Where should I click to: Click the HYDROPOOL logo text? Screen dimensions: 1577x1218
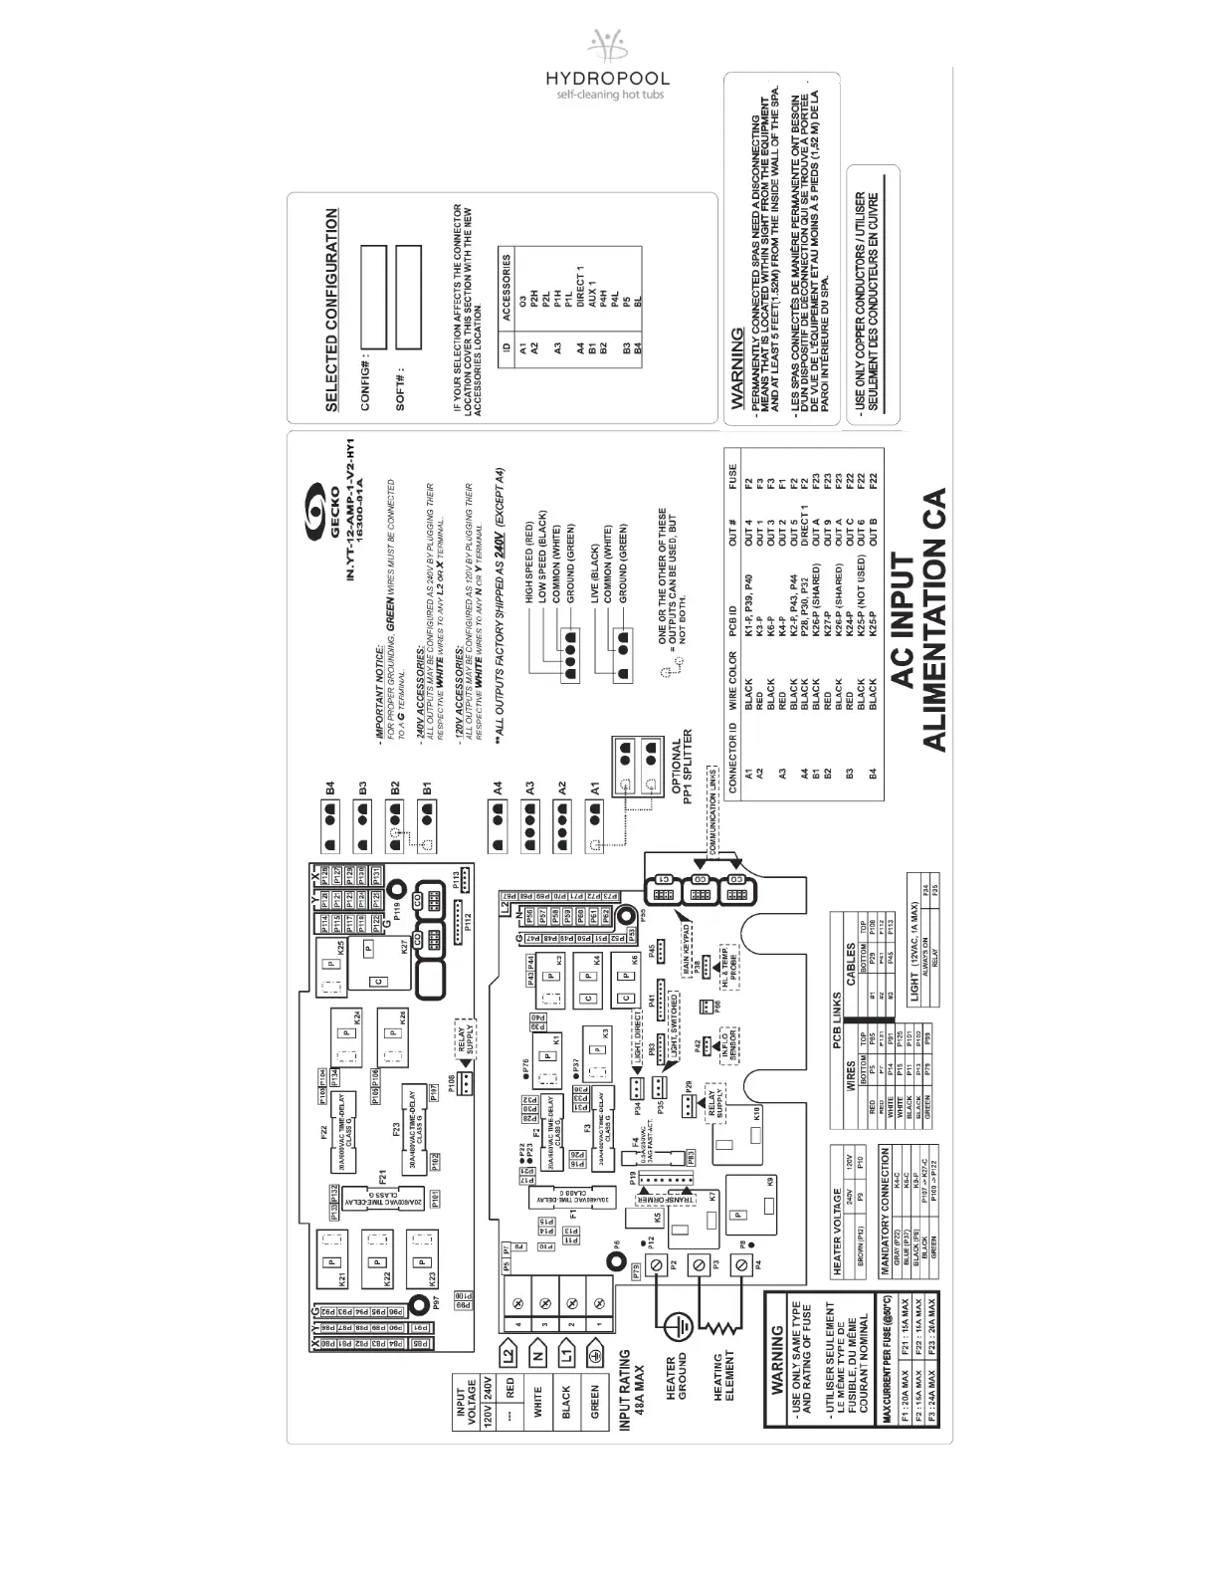[607, 79]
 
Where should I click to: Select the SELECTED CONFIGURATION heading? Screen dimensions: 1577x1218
[331, 309]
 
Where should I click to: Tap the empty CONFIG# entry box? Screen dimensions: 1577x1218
[373, 296]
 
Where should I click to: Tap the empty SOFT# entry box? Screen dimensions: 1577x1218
[409, 296]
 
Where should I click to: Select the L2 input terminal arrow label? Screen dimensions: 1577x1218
[508, 1356]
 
